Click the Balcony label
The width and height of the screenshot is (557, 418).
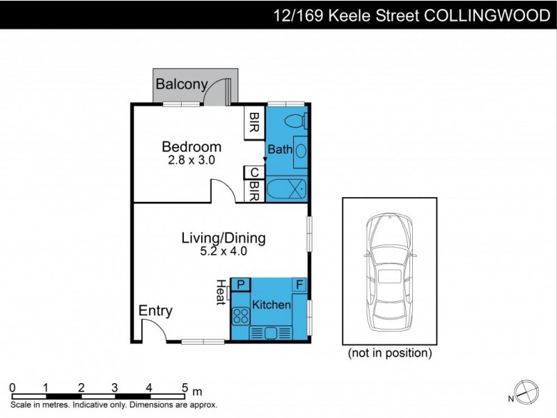pos(182,85)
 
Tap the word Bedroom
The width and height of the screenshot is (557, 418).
pos(191,147)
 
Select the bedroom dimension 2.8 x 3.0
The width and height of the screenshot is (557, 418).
pos(191,160)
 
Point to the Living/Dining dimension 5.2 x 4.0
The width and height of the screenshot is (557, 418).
pos(223,251)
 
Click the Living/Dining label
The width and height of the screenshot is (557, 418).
pos(223,238)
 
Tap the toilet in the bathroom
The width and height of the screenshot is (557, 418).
pos(297,120)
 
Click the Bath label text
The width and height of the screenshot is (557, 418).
pos(280,149)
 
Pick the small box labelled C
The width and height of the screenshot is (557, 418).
pos(254,173)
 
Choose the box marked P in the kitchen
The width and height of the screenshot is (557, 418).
pos(240,284)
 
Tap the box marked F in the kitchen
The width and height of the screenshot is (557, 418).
pos(298,284)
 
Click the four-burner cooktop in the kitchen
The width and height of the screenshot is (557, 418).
pos(241,315)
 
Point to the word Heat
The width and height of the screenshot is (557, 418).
pos(221,292)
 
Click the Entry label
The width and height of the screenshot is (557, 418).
pos(155,311)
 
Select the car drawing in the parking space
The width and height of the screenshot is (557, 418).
pos(390,272)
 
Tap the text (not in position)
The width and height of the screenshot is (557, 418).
pos(390,353)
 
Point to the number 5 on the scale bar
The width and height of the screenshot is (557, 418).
pos(185,388)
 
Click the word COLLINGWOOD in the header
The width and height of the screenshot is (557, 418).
pos(487,16)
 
